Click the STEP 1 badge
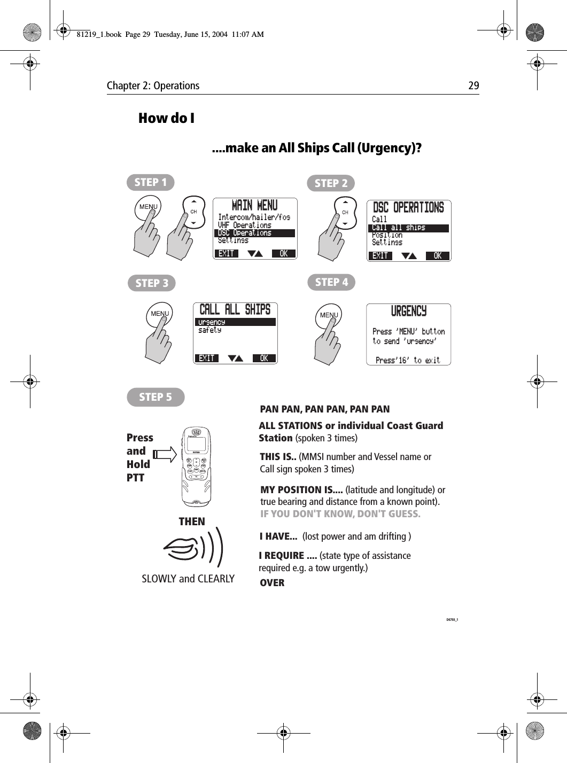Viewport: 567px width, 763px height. click(x=150, y=182)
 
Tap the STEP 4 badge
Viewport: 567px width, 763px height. click(x=331, y=282)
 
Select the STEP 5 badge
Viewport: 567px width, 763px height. click(x=156, y=397)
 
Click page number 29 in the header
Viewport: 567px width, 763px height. click(x=473, y=85)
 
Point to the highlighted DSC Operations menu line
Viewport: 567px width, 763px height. click(x=254, y=233)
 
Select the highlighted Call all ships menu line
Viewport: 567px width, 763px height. click(x=409, y=228)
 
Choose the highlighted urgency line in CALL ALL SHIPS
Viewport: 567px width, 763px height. click(x=235, y=322)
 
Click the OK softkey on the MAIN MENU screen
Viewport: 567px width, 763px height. click(x=283, y=254)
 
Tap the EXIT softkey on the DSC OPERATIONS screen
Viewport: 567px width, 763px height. click(x=380, y=256)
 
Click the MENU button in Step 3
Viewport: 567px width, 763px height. click(x=160, y=314)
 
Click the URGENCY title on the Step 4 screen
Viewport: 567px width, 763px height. click(x=409, y=311)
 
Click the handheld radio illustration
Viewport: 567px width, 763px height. click(x=196, y=467)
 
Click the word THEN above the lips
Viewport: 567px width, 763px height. click(x=191, y=521)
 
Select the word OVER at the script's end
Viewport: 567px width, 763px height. click(x=272, y=583)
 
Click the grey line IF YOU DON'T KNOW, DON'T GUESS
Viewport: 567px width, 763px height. click(x=340, y=514)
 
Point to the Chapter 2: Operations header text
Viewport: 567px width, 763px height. click(x=153, y=85)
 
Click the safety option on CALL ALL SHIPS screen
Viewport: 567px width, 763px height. click(x=209, y=331)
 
